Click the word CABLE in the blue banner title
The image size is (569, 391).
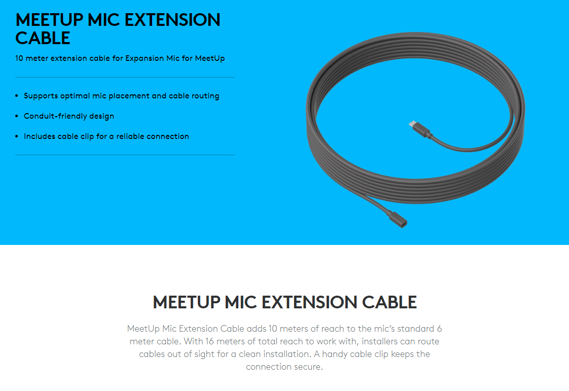pos(43,38)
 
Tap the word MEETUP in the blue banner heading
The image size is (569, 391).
pos(49,20)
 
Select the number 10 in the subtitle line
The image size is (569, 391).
pos(19,58)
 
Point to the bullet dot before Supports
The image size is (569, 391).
pos(17,96)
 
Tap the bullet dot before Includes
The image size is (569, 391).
pos(17,136)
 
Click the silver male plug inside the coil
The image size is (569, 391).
pos(413,124)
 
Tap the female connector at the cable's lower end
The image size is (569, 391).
pos(398,220)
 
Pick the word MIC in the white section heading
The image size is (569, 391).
pos(241,302)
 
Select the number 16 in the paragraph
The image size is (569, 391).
pos(209,341)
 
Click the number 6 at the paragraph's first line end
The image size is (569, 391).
pos(439,329)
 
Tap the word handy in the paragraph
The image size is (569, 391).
pos(334,354)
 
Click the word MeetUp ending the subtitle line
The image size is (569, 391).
pos(210,58)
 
